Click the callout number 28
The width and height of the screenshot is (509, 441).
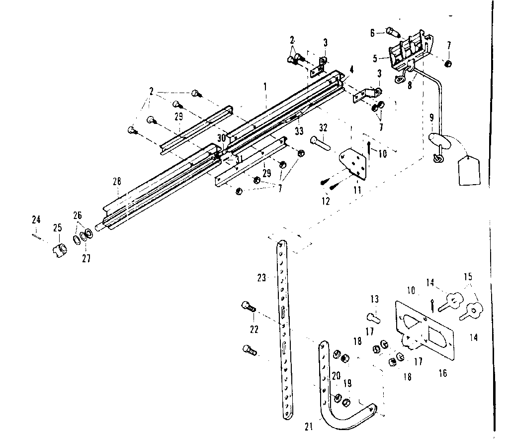pyautogui.click(x=117, y=182)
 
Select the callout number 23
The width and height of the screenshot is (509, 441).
pyautogui.click(x=262, y=278)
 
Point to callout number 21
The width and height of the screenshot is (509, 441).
pyautogui.click(x=309, y=427)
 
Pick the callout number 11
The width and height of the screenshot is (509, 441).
pyautogui.click(x=356, y=190)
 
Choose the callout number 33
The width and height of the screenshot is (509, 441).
pyautogui.click(x=299, y=131)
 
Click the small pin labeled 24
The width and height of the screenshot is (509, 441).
pyautogui.click(x=36, y=236)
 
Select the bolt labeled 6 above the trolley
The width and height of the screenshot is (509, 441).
pyautogui.click(x=393, y=34)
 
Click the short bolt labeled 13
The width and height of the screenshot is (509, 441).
pyautogui.click(x=373, y=317)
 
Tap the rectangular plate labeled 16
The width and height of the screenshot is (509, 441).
pyautogui.click(x=425, y=331)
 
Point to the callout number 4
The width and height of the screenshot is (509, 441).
pyautogui.click(x=351, y=70)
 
